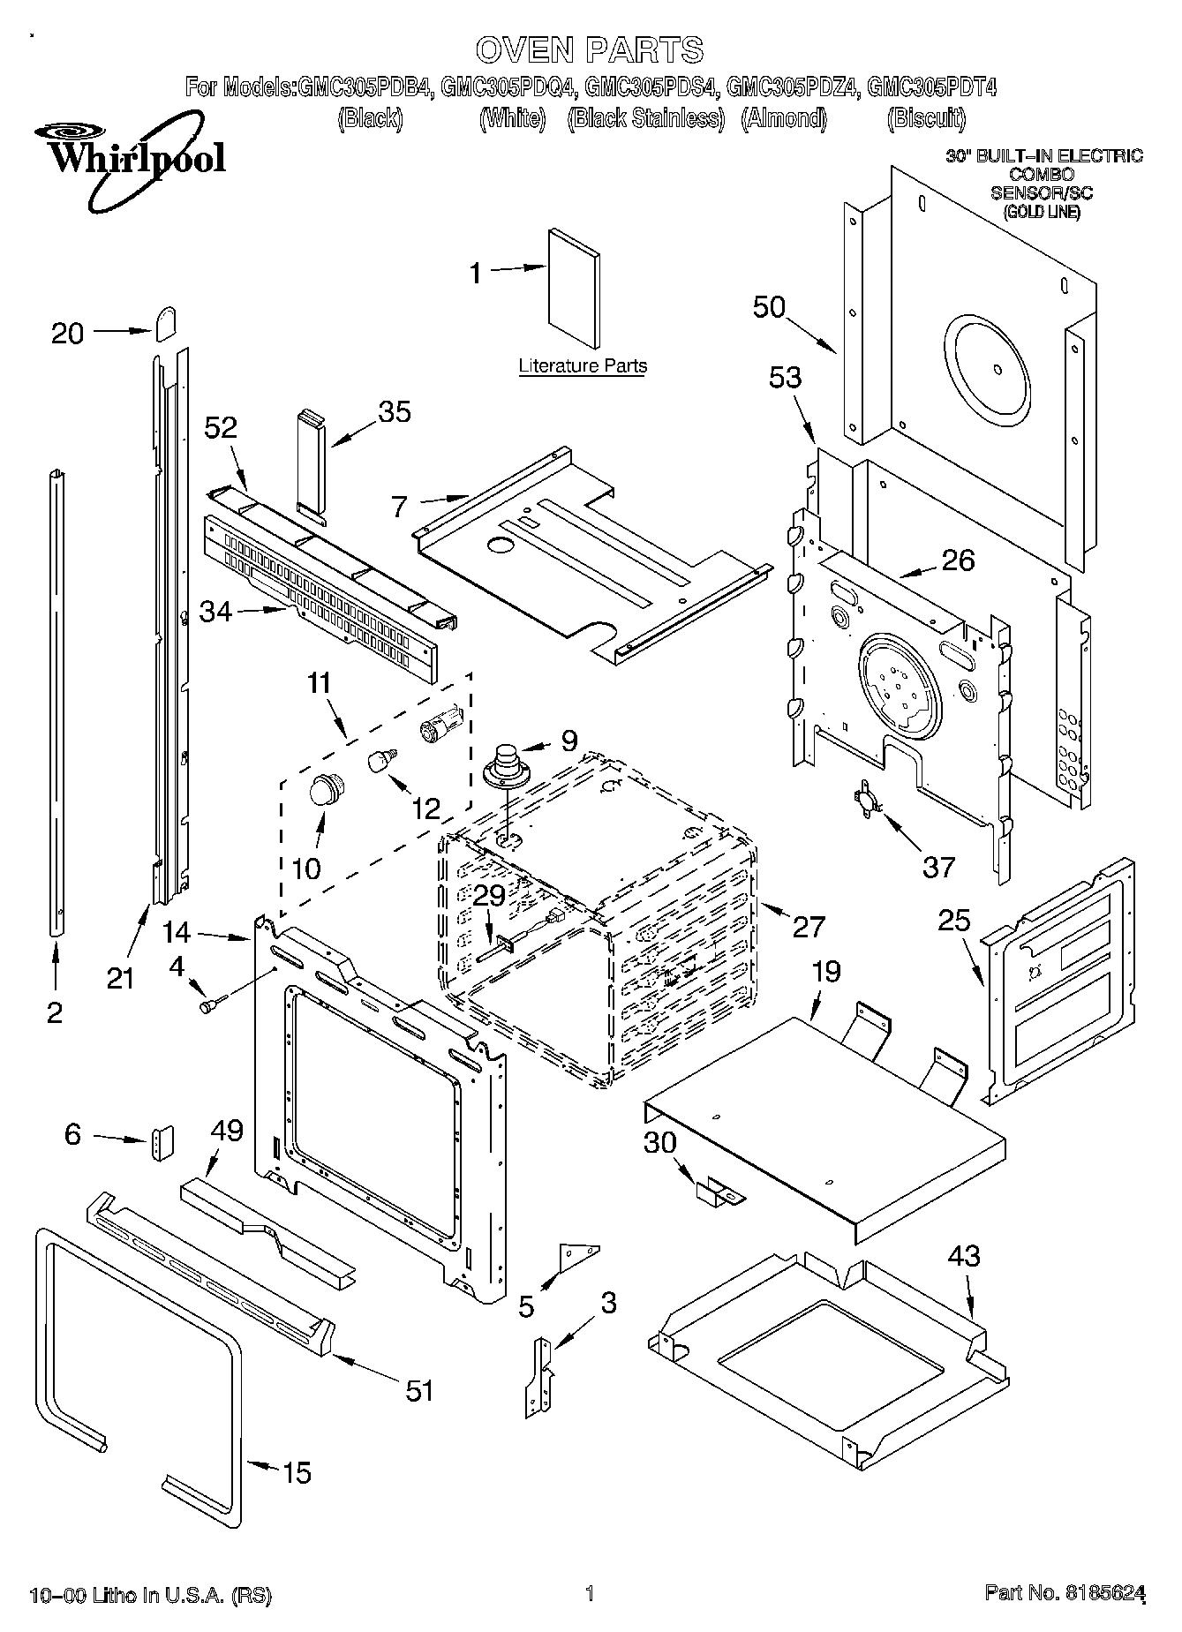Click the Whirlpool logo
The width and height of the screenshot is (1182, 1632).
(130, 156)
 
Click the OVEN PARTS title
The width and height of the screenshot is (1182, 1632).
(590, 49)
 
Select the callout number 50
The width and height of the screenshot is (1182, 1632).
(769, 306)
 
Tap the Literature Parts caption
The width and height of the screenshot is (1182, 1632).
(582, 365)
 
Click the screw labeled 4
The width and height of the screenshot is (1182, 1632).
(211, 1004)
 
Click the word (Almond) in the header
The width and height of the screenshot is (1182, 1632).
(784, 118)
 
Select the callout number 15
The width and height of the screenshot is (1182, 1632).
(297, 1472)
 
